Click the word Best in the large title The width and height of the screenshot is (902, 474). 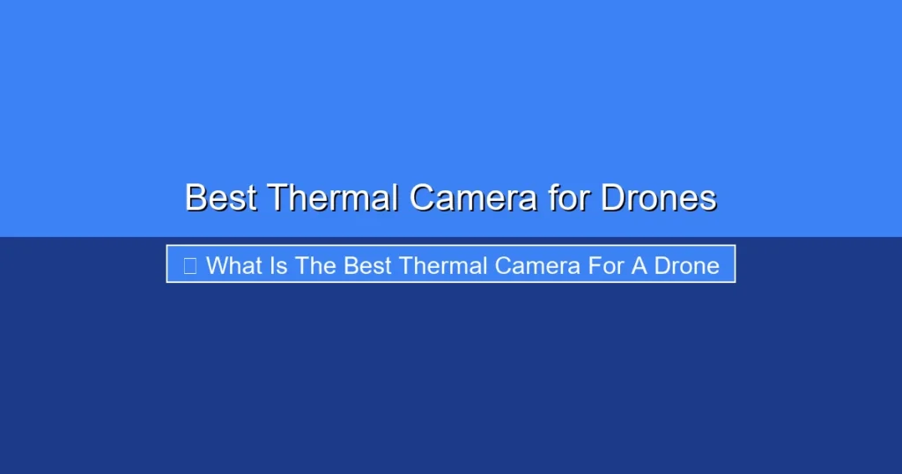click(221, 198)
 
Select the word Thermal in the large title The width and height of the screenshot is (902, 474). click(333, 198)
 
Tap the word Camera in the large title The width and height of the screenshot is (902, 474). click(473, 198)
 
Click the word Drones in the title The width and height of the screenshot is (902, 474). click(659, 198)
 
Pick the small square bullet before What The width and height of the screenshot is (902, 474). click(190, 266)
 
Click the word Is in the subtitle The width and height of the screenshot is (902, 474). click(278, 266)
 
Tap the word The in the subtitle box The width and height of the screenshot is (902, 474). click(315, 266)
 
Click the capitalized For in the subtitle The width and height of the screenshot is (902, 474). click(606, 266)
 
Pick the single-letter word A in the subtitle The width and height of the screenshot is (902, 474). click(640, 266)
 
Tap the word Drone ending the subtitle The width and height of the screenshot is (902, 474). click(687, 266)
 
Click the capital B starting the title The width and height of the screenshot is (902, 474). click(196, 198)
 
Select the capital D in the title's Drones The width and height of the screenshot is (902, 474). click(613, 198)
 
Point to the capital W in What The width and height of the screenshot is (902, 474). click(218, 266)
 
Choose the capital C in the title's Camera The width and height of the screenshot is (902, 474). click(423, 198)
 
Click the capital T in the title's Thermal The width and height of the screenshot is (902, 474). click(279, 198)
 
